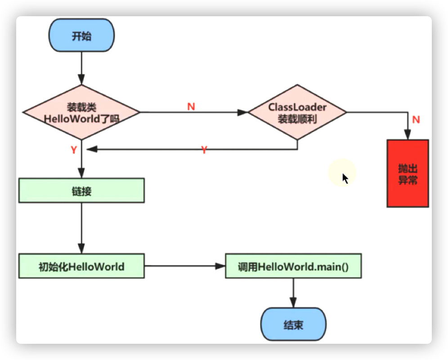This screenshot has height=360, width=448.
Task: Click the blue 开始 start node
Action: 81,36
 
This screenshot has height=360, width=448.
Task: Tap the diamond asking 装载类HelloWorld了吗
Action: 81,112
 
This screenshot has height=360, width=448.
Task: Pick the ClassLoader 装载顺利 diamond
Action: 297,112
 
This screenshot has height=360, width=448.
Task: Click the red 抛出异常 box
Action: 408,173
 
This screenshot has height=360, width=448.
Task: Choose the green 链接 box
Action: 81,190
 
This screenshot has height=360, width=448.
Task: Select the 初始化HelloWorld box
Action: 81,266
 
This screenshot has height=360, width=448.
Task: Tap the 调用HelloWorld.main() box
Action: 293,266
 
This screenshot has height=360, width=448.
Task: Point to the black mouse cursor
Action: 345,178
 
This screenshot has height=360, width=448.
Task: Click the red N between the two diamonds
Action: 191,106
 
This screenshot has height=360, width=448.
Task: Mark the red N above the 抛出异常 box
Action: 416,119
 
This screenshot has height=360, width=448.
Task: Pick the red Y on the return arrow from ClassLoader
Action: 204,150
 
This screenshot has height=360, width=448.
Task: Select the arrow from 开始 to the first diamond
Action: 81,67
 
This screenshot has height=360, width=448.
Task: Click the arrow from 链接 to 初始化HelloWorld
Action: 81,227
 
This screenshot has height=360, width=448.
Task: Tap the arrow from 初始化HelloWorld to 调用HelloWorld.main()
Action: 184,266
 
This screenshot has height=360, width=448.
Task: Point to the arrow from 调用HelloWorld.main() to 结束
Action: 293,292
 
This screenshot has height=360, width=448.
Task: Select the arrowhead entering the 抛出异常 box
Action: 408,135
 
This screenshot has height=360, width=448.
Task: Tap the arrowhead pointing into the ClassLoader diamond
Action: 244,112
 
